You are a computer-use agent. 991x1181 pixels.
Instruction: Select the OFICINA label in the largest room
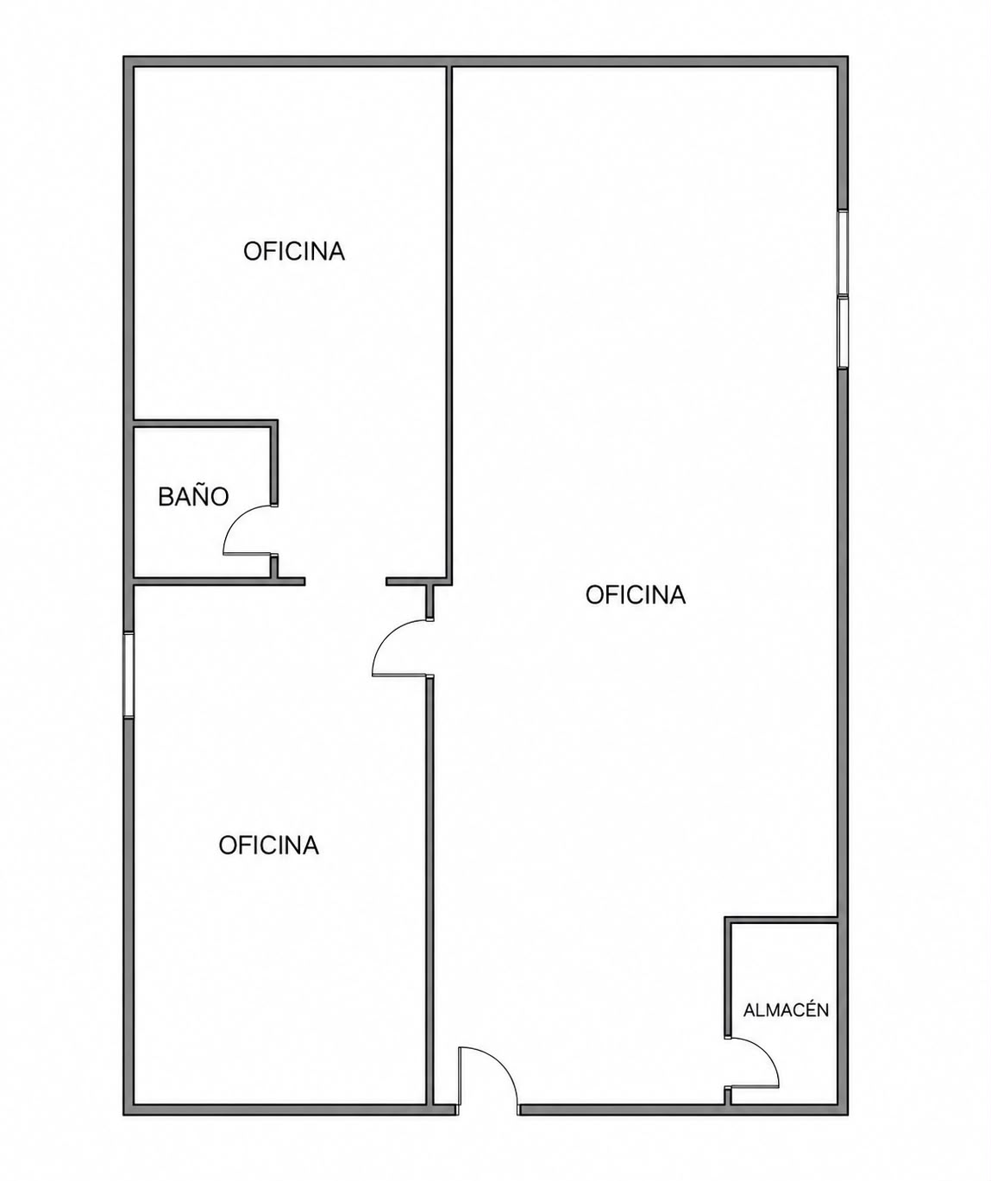635,595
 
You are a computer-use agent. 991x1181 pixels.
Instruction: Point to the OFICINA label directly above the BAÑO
294,251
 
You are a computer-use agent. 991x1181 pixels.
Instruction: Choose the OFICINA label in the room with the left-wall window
269,845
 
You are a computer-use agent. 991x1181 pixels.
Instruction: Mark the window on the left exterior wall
129,675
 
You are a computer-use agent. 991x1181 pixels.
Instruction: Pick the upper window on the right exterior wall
843,252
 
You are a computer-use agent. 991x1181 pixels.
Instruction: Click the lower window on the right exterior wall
843,333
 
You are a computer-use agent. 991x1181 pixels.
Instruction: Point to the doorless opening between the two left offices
346,581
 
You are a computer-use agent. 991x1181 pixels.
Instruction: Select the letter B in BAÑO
166,497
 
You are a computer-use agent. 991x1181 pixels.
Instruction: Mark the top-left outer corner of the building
123,57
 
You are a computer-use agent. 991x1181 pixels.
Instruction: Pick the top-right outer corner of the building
848,57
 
